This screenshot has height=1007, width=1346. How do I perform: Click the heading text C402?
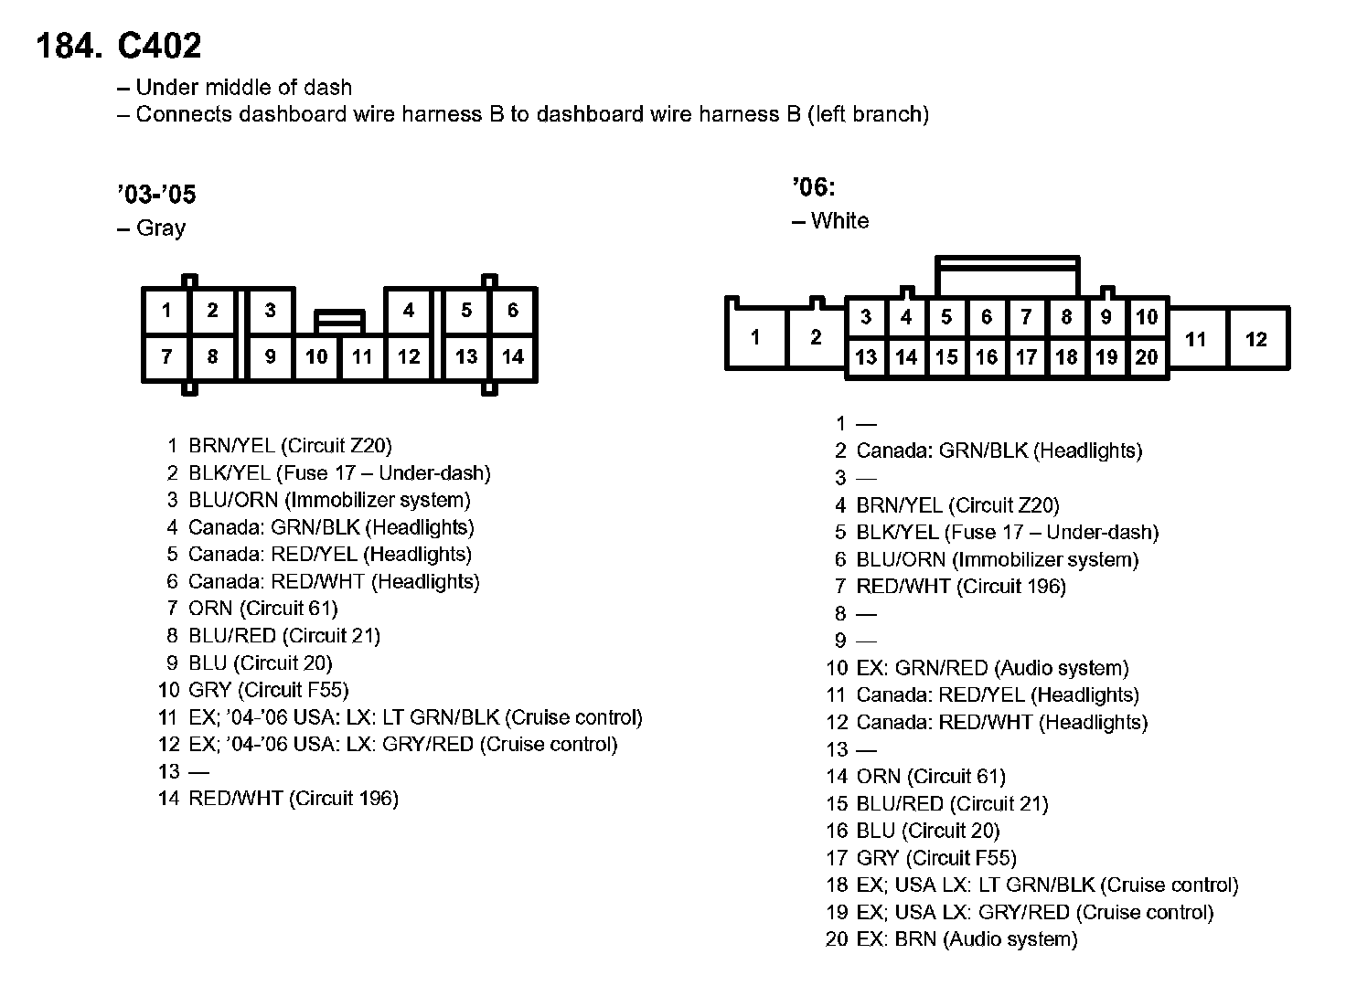pyautogui.click(x=159, y=46)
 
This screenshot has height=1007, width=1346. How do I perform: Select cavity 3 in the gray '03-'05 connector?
pyautogui.click(x=270, y=311)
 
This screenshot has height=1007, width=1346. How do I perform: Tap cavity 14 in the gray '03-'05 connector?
pyautogui.click(x=513, y=357)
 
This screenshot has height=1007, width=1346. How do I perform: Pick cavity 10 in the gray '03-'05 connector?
pyautogui.click(x=316, y=357)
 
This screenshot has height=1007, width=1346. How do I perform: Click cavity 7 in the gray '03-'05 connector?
pyautogui.click(x=166, y=357)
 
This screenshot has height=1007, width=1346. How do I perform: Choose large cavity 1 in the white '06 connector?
pyautogui.click(x=755, y=338)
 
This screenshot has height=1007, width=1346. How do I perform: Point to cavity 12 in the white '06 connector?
pyautogui.click(x=1256, y=340)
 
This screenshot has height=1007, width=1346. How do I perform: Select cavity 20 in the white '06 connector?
pyautogui.click(x=1147, y=357)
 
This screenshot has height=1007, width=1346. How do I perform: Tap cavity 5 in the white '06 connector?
pyautogui.click(x=946, y=318)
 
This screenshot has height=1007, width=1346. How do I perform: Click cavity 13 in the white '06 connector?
pyautogui.click(x=866, y=357)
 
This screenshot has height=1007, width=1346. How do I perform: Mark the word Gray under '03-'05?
pyautogui.click(x=160, y=228)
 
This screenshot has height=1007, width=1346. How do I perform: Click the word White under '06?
pyautogui.click(x=839, y=221)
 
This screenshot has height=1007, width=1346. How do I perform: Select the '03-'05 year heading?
pyautogui.click(x=156, y=195)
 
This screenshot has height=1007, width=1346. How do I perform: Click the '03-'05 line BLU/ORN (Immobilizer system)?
pyautogui.click(x=329, y=500)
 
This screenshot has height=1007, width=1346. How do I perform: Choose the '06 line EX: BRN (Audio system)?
pyautogui.click(x=967, y=939)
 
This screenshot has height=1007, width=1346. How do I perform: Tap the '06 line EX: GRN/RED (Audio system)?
pyautogui.click(x=992, y=668)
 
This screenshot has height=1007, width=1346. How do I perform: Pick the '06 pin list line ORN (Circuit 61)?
pyautogui.click(x=930, y=777)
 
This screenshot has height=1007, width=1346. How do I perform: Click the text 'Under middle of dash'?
pyautogui.click(x=243, y=88)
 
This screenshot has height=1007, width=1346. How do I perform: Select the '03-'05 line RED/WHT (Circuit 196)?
pyautogui.click(x=293, y=799)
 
